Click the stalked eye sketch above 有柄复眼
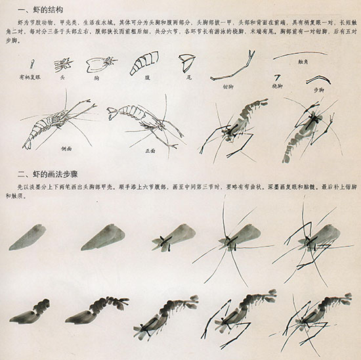point(32,64)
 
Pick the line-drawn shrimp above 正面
point(144,122)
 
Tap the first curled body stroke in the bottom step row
point(32,314)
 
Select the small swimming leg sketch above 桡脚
point(278,78)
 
